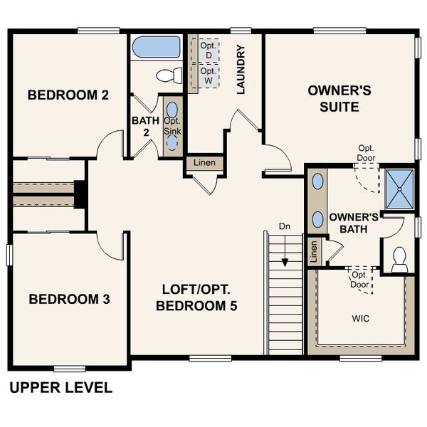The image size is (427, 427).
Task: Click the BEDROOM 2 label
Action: point(68,95)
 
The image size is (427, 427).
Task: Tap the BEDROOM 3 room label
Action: point(69,299)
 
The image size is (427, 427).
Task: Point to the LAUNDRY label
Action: point(241,70)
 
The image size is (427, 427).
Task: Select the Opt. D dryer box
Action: point(208,50)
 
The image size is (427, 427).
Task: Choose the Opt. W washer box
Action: point(208,75)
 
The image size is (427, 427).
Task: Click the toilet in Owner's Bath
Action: point(399,257)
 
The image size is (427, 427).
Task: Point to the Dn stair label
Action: point(285,226)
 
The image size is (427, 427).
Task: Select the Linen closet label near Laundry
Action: point(205,164)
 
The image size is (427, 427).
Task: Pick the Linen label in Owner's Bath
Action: point(312,251)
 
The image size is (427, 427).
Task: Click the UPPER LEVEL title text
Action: point(60,388)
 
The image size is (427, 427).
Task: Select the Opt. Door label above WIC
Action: point(359,279)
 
